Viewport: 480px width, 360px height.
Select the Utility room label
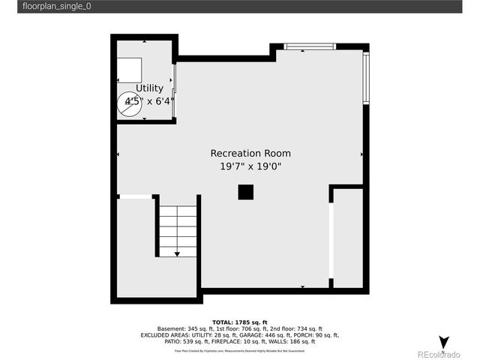tap(149, 88)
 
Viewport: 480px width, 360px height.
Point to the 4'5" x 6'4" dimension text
tap(149, 100)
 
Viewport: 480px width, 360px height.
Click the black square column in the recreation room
tap(246, 192)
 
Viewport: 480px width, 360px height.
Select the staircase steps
tap(177, 229)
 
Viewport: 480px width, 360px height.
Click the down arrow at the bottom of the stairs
tap(177, 254)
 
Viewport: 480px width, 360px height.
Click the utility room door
tap(175, 90)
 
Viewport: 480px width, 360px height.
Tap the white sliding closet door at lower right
tap(331, 240)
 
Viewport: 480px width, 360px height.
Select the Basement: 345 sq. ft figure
tap(184, 328)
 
